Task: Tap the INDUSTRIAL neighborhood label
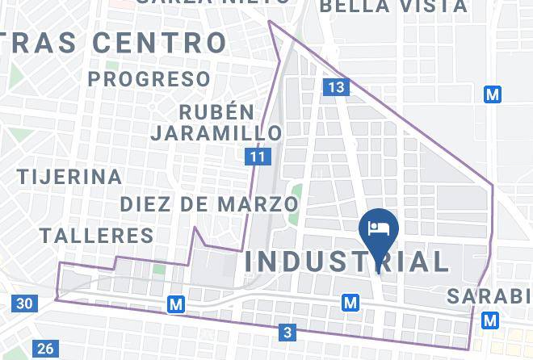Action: tap(348, 262)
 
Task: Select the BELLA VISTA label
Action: tap(393, 6)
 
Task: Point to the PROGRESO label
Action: tap(149, 79)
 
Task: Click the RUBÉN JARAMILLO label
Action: tap(217, 122)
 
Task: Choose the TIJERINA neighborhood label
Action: tap(70, 176)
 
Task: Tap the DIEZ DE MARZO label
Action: tap(209, 204)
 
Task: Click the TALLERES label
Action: tap(97, 236)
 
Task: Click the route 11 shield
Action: tap(257, 157)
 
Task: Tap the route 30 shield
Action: tap(24, 303)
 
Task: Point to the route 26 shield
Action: tap(45, 349)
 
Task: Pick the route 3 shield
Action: tap(287, 332)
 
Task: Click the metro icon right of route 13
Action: tap(493, 94)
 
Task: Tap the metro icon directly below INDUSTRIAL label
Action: tap(350, 303)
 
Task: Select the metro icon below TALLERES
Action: tap(176, 304)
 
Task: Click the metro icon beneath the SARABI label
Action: tap(490, 320)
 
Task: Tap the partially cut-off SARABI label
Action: tap(490, 296)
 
